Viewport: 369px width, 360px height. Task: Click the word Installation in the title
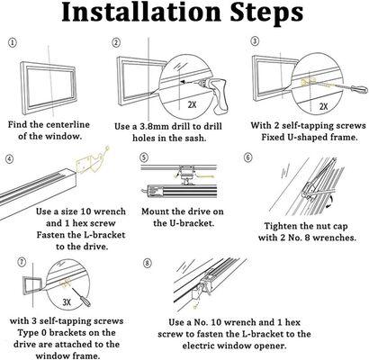[141, 13]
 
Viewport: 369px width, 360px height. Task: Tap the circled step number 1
[13, 43]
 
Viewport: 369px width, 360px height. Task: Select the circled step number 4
[9, 158]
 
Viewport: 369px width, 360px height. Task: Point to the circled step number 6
[248, 157]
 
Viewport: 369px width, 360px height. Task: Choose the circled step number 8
[147, 264]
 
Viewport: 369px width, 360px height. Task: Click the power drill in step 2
[214, 93]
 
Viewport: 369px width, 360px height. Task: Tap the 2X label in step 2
[192, 105]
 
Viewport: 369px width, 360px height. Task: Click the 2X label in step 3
[323, 106]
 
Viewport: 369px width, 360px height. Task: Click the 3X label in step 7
[67, 302]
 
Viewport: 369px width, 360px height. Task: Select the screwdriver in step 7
[82, 297]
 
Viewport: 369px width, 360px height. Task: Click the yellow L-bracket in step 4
[89, 163]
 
